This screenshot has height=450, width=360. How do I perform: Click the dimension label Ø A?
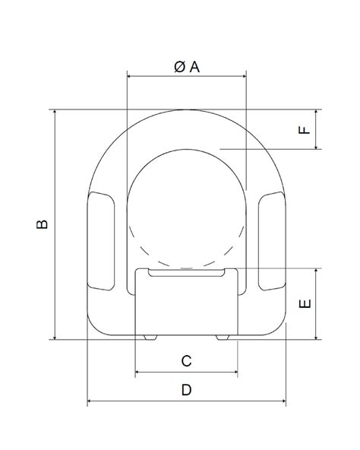[186, 67]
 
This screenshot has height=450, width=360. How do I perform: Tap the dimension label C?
[186, 361]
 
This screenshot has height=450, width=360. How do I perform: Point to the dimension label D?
[186, 390]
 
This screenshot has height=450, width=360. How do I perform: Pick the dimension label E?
[305, 303]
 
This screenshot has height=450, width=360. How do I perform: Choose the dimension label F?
[305, 129]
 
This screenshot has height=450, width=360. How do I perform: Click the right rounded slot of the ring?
[271, 242]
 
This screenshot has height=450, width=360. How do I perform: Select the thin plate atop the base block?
[186, 272]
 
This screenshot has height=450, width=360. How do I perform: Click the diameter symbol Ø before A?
[178, 67]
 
